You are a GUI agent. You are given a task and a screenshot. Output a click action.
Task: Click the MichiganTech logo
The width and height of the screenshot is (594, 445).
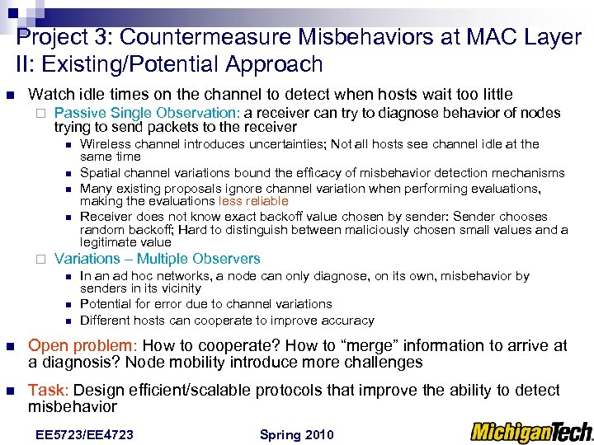531,431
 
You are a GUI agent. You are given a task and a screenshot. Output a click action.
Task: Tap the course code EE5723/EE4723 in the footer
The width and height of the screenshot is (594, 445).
85,434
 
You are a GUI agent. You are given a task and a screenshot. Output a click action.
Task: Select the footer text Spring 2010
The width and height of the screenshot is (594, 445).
296,434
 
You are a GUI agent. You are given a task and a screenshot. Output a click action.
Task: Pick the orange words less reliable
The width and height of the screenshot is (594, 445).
253,200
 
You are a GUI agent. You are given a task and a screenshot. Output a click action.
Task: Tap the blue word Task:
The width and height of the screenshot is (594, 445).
48,390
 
